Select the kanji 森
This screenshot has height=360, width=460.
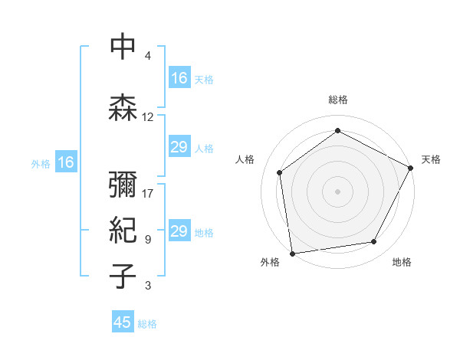tap(123, 108)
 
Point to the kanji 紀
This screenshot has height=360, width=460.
tap(123, 231)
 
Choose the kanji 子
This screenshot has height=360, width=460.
tap(123, 277)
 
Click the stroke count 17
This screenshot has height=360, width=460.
tap(148, 194)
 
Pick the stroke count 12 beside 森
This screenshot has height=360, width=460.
tap(148, 117)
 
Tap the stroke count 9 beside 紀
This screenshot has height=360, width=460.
tap(148, 240)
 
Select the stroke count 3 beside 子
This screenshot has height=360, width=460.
tap(148, 286)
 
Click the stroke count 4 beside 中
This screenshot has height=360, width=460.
tap(148, 56)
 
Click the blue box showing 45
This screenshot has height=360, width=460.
tap(123, 322)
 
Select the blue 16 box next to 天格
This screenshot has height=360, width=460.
tap(179, 78)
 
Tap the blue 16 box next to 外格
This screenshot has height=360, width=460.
tap(66, 162)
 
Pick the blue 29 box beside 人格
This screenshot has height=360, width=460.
tap(179, 147)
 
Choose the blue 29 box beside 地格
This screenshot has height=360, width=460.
tap(179, 231)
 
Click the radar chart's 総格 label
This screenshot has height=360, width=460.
tap(338, 100)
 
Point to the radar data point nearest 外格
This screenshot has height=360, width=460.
tap(292, 253)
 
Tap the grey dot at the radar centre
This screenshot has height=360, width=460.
tap(338, 191)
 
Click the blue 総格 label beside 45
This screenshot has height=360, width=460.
tap(147, 324)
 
